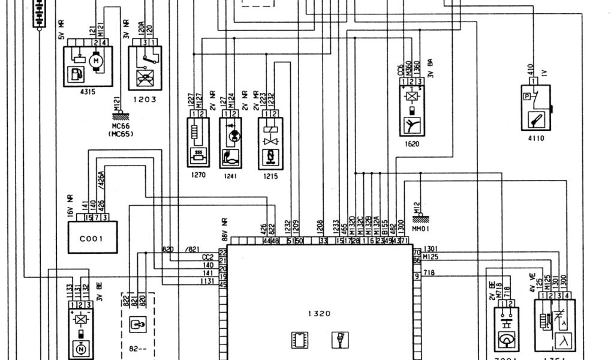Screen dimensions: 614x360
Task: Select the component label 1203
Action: pyautogui.click(x=145, y=99)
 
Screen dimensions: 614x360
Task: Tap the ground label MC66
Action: pyautogui.click(x=121, y=127)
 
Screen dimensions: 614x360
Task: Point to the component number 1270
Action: pyautogui.click(x=197, y=176)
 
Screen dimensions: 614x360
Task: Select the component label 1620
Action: pyautogui.click(x=412, y=144)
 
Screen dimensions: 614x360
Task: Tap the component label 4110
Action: pyautogui.click(x=536, y=138)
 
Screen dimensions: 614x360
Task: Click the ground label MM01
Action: pyautogui.click(x=420, y=229)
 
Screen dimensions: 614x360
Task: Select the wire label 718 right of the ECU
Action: pyautogui.click(x=429, y=273)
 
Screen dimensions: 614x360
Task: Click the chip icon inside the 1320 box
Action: pyautogui.click(x=298, y=340)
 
